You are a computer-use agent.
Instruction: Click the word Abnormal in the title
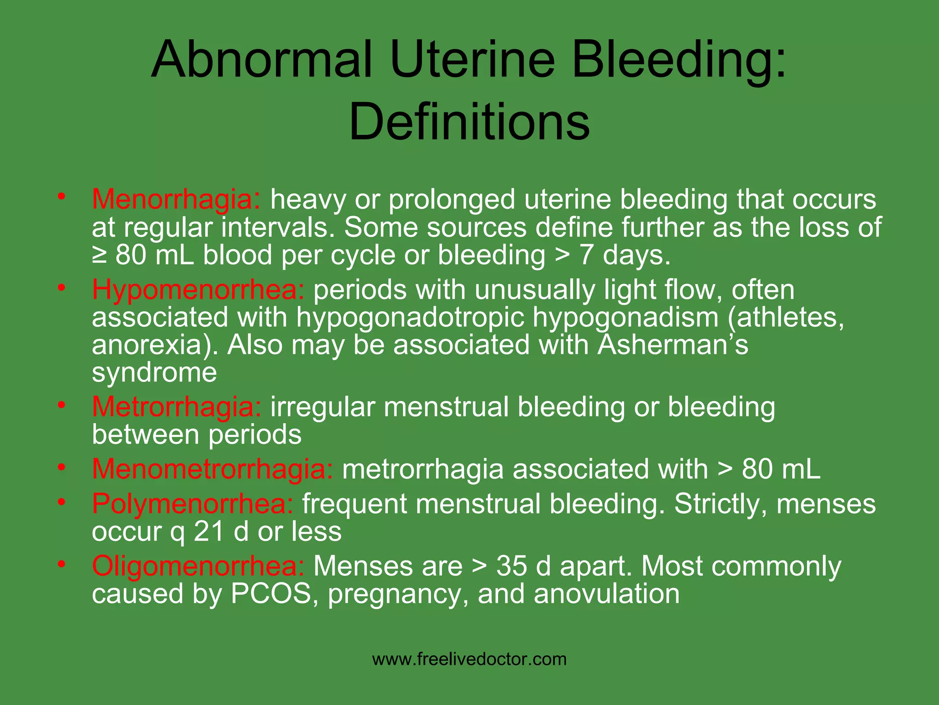pyautogui.click(x=261, y=60)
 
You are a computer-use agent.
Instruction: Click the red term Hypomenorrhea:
pyautogui.click(x=198, y=290)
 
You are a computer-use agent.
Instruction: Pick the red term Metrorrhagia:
pyautogui.click(x=177, y=407)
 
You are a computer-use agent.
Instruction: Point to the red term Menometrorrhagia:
pyautogui.click(x=213, y=469)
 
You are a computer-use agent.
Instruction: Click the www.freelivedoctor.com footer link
pyautogui.click(x=469, y=660)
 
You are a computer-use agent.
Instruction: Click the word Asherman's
pyautogui.click(x=672, y=345)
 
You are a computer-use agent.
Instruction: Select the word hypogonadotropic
pyautogui.click(x=410, y=318)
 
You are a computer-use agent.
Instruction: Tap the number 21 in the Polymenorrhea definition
pyautogui.click(x=209, y=532)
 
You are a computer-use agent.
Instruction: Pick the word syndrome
pyautogui.click(x=154, y=373)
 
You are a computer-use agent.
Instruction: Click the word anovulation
pyautogui.click(x=606, y=593)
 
